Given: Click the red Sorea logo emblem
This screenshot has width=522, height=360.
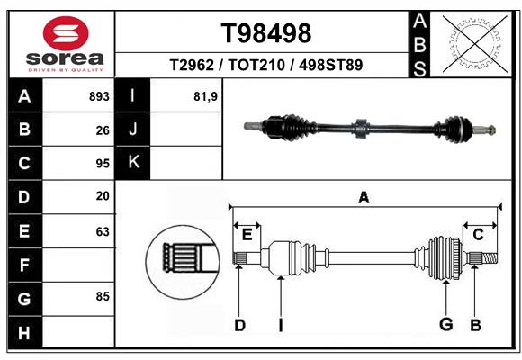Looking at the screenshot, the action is click(x=66, y=33).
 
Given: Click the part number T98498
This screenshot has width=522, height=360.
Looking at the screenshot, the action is click(x=266, y=33).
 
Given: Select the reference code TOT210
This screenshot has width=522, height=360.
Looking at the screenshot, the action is click(x=256, y=65).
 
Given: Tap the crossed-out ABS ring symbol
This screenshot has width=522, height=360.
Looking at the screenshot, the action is click(x=475, y=44).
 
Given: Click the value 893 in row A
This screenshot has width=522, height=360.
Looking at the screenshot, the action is click(x=99, y=96).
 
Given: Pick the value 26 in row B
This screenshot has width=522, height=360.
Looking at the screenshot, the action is click(x=103, y=130).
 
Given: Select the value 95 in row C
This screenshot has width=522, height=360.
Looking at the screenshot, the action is click(x=103, y=164).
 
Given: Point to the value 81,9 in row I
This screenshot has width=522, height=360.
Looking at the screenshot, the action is click(x=205, y=97).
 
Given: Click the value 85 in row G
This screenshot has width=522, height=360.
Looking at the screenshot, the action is click(x=103, y=296).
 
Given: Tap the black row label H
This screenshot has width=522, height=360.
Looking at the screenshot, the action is click(x=24, y=332).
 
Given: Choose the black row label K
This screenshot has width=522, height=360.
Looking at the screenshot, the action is click(x=133, y=163).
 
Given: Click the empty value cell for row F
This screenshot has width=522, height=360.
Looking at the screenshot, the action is click(x=78, y=265).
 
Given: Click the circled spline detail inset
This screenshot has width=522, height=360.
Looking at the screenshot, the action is click(x=183, y=262).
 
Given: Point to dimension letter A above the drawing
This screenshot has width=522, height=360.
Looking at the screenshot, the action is click(x=364, y=197).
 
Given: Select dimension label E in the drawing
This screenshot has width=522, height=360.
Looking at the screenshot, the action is click(x=247, y=235).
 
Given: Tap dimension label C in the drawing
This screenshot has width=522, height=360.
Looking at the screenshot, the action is click(x=478, y=235).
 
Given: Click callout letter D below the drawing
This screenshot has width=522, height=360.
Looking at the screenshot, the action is click(x=239, y=325).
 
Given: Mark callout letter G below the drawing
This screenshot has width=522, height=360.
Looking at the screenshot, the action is click(x=445, y=324).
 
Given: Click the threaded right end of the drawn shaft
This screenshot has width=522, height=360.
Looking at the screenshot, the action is click(x=490, y=257).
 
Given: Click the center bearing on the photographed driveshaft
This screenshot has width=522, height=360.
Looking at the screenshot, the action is click(x=361, y=128).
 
